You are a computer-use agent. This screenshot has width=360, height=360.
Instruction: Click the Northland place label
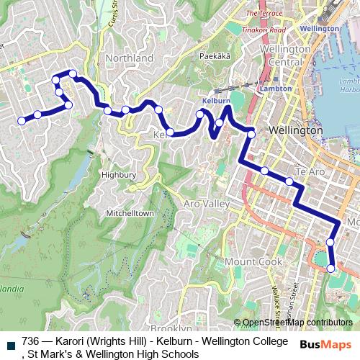[x=129, y=58]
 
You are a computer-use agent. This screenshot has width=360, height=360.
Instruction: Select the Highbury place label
[x=118, y=174]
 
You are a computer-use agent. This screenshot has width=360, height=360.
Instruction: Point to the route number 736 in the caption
[x=31, y=341]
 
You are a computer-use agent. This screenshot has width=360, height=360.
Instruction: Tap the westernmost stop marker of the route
[x=22, y=121]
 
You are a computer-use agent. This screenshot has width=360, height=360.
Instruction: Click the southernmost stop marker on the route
[x=331, y=269]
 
